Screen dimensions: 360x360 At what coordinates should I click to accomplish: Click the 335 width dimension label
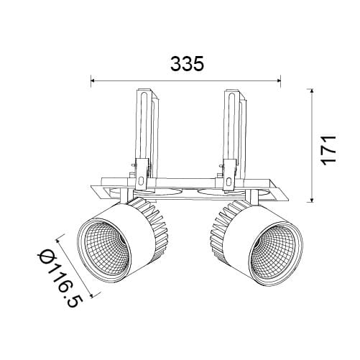click(x=187, y=64)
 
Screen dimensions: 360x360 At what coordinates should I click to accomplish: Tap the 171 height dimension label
click(x=328, y=150)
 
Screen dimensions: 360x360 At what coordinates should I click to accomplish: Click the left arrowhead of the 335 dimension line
click(x=93, y=81)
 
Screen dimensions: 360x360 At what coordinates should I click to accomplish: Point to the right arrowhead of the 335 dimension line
click(x=278, y=81)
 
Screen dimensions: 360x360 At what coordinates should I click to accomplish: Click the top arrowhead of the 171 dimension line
click(x=312, y=91)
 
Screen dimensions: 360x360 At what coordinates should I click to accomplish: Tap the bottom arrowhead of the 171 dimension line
click(x=312, y=200)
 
